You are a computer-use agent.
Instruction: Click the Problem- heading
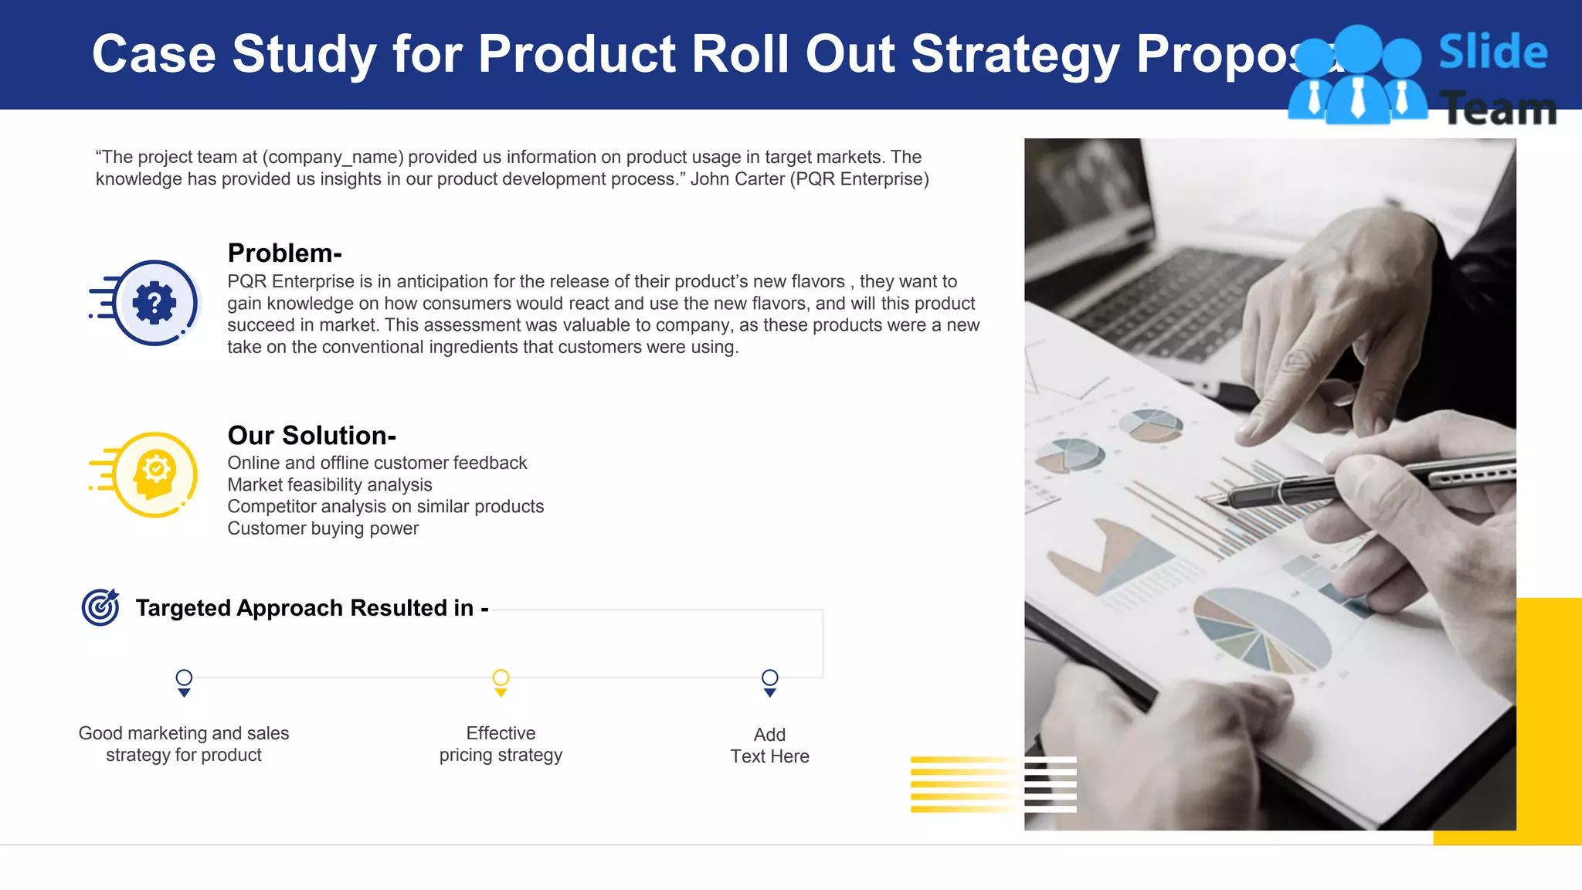pyautogui.click(x=284, y=253)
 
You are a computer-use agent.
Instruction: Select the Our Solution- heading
pyautogui.click(x=311, y=436)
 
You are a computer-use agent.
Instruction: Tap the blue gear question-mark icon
pyautogui.click(x=154, y=303)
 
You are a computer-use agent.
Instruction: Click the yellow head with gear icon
pyautogui.click(x=155, y=474)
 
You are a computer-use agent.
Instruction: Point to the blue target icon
pyautogui.click(x=100, y=607)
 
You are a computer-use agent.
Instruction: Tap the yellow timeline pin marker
pyautogui.click(x=501, y=681)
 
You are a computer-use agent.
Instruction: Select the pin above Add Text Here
pyautogui.click(x=769, y=681)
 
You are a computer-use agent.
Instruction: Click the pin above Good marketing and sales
pyautogui.click(x=184, y=681)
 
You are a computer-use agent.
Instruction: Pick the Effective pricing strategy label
pyautogui.click(x=501, y=744)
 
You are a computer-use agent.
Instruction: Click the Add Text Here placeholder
pyautogui.click(x=769, y=746)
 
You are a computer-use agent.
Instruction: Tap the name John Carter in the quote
pyautogui.click(x=737, y=179)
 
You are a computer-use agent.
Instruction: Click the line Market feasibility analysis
pyautogui.click(x=330, y=485)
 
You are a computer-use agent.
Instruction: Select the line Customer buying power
pyautogui.click(x=323, y=528)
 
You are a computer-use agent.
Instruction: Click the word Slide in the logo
pyautogui.click(x=1492, y=53)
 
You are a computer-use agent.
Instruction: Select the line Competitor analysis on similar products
pyautogui.click(x=385, y=507)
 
